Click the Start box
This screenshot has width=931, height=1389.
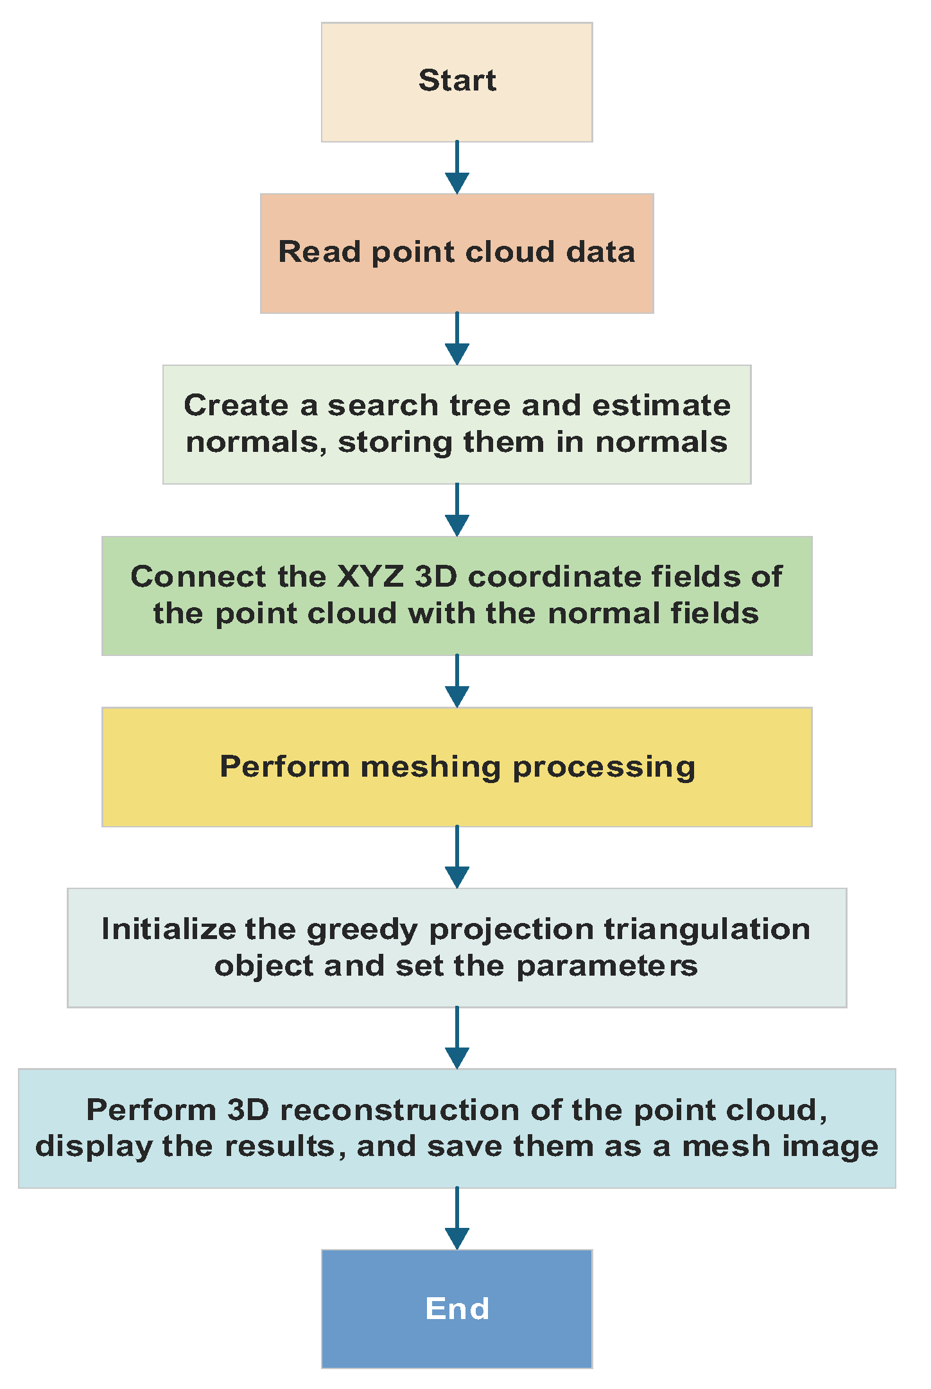pyautogui.click(x=457, y=82)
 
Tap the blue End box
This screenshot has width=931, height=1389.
pyautogui.click(x=457, y=1309)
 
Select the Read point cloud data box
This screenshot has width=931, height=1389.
pyautogui.click(x=457, y=253)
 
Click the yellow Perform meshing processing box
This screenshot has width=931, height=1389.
pyautogui.click(x=457, y=767)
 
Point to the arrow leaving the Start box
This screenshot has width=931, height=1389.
pyautogui.click(x=457, y=167)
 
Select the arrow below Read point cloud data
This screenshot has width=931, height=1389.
pyautogui.click(x=457, y=338)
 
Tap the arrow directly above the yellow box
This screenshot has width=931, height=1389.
pyautogui.click(x=457, y=680)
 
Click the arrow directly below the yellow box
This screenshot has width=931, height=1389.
pyautogui.click(x=457, y=856)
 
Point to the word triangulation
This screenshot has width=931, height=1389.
pyautogui.click(x=707, y=929)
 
